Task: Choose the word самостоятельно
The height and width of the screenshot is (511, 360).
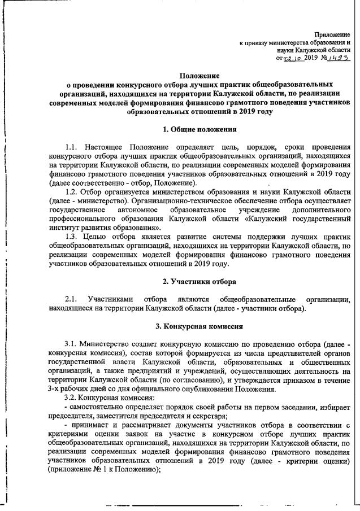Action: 94,405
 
